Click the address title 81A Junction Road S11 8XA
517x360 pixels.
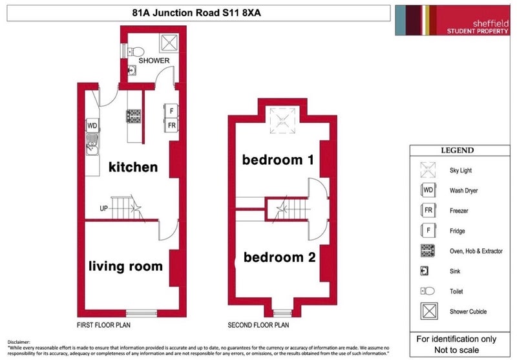pos(196,13)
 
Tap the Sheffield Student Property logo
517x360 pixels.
pos(452,20)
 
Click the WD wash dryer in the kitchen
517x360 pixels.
pos(92,125)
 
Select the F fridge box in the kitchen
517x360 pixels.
pos(171,111)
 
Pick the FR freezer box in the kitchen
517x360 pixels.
pos(171,125)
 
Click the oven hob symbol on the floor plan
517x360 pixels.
pos(134,116)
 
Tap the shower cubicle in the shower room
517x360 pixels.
pos(169,43)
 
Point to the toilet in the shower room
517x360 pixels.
pos(136,52)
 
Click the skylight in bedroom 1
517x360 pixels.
pos(282,121)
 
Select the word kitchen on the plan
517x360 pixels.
pos(133,167)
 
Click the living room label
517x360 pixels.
pos(125,266)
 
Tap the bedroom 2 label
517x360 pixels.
pos(280,257)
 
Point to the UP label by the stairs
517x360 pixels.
pos(103,208)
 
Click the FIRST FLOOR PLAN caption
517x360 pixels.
pos(103,325)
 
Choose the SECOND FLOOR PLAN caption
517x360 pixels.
pos(258,325)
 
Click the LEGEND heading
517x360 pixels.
pos(458,151)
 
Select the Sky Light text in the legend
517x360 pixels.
pos(461,170)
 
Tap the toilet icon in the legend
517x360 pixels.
pos(428,291)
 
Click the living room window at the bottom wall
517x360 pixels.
pos(142,313)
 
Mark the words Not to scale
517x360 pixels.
pos(456,350)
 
